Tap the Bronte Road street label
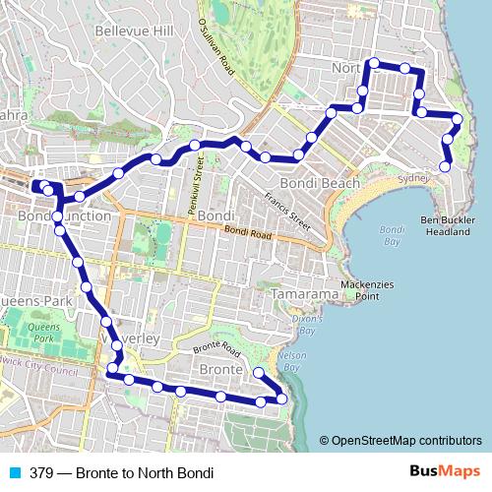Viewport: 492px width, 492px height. (x=217, y=349)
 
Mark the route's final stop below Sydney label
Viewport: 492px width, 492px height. (x=445, y=167)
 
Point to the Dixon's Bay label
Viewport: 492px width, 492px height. (x=307, y=325)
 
